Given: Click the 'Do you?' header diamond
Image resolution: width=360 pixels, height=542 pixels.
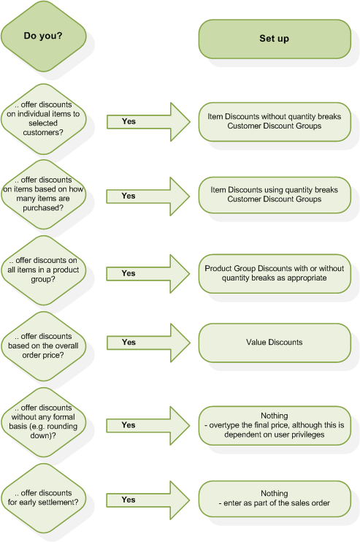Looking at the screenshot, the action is pyautogui.click(x=43, y=36).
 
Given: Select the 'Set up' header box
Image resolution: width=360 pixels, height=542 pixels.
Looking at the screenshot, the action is pyautogui.click(x=275, y=39).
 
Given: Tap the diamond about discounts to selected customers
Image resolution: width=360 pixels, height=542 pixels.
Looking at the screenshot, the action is pyautogui.click(x=43, y=119).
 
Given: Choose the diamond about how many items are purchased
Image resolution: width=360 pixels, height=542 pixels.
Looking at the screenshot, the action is pyautogui.click(x=43, y=194).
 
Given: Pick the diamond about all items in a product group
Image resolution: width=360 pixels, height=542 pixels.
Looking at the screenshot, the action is pyautogui.click(x=43, y=270).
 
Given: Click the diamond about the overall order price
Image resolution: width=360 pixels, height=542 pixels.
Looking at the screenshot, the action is pyautogui.click(x=43, y=346).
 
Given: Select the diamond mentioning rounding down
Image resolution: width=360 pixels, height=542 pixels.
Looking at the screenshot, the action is pyautogui.click(x=43, y=422).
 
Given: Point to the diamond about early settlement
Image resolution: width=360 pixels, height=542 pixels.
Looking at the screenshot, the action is pyautogui.click(x=43, y=498).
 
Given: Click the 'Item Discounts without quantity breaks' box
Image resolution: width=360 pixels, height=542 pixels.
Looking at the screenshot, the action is pyautogui.click(x=275, y=122).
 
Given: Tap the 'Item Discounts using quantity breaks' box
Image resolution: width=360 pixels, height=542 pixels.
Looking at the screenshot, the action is pyautogui.click(x=275, y=195).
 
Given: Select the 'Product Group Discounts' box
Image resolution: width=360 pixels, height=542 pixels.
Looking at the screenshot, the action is pyautogui.click(x=275, y=274).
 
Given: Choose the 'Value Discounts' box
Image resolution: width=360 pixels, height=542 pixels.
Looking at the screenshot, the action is pyautogui.click(x=275, y=343).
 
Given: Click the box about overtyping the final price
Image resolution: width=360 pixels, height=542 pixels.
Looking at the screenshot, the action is pyautogui.click(x=275, y=426).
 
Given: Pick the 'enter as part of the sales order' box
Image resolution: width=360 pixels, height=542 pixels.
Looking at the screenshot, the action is pyautogui.click(x=275, y=499).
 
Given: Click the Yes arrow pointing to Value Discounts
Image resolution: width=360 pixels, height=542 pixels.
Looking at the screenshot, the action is pyautogui.click(x=148, y=343).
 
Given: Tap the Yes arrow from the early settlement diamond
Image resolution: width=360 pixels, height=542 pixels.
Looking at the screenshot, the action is pyautogui.click(x=148, y=500).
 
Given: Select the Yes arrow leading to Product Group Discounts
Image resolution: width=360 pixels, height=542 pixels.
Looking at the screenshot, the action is pyautogui.click(x=148, y=274).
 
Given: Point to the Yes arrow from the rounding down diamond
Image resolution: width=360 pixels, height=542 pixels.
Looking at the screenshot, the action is pyautogui.click(x=148, y=426).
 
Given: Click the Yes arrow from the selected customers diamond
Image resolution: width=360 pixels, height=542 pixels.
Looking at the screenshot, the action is pyautogui.click(x=148, y=122).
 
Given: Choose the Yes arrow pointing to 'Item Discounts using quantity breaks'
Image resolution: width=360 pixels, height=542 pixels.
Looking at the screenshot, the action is pyautogui.click(x=148, y=196).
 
